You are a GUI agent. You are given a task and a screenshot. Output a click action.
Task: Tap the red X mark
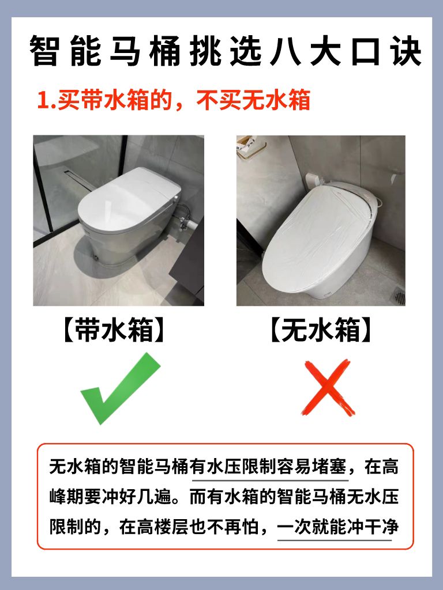click(x=328, y=387)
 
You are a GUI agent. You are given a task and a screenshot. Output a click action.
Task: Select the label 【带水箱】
click(x=114, y=330)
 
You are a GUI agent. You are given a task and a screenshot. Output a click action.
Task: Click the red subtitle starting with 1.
click(x=174, y=100)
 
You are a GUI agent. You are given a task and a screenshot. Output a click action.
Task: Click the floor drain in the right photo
click(x=399, y=297)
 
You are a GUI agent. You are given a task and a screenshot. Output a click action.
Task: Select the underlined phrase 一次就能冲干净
click(x=338, y=527)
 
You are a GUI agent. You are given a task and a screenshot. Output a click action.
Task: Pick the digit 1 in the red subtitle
click(x=42, y=101)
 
